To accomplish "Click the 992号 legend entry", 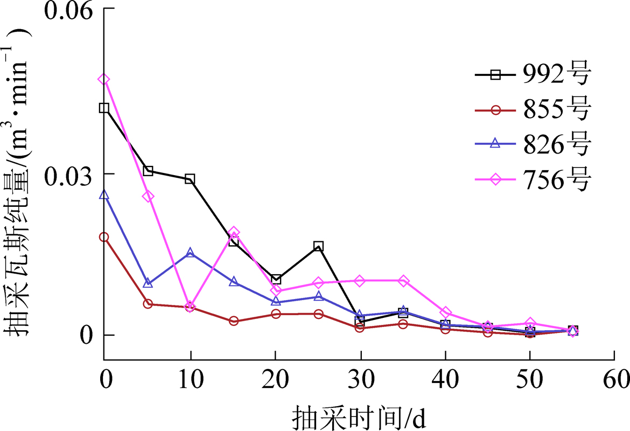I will [533, 75].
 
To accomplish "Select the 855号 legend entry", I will [533, 110].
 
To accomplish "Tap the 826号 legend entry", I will [533, 145].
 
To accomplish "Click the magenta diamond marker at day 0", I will [104, 80].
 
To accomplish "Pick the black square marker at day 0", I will [104, 108].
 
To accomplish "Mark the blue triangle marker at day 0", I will [104, 194].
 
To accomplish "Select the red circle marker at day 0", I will [104, 237].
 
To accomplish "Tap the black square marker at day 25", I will [318, 246].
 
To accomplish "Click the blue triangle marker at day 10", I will [190, 253].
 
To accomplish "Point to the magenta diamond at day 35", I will [403, 281].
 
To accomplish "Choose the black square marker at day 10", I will [190, 179].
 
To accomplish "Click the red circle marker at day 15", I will [234, 321].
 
